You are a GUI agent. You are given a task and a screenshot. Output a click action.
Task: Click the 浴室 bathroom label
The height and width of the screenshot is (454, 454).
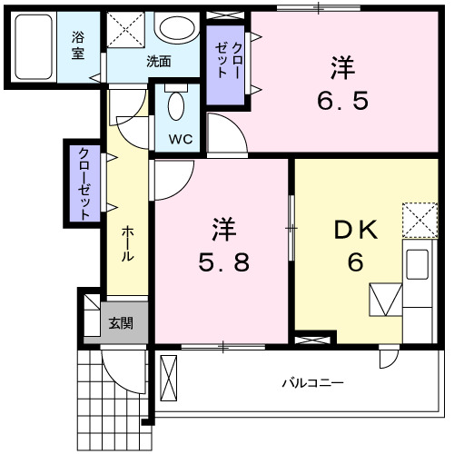pos(78,45)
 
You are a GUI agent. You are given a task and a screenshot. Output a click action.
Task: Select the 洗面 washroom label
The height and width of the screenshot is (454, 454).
pos(160,62)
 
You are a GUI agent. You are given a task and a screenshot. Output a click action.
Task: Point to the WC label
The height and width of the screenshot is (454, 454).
pos(180,139)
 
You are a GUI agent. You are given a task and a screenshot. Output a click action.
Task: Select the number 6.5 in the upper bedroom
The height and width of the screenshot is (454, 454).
pos(342,100)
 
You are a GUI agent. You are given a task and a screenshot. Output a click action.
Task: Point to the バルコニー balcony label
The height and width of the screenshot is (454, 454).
pos(311,383)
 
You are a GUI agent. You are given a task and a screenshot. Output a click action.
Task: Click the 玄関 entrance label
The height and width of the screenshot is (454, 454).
pos(120,322)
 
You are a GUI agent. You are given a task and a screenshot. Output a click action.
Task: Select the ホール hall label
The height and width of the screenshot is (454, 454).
pos(128,243)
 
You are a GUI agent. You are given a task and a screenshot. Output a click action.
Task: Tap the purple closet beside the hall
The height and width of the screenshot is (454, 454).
pos(84,183)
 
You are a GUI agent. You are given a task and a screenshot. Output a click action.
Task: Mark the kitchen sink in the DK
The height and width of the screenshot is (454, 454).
pos(417,264)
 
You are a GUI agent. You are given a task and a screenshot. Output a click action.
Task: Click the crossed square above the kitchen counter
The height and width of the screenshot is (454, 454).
pos(419,219)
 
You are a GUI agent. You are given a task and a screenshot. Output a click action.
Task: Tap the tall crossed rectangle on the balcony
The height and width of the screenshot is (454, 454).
pos(170,379)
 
